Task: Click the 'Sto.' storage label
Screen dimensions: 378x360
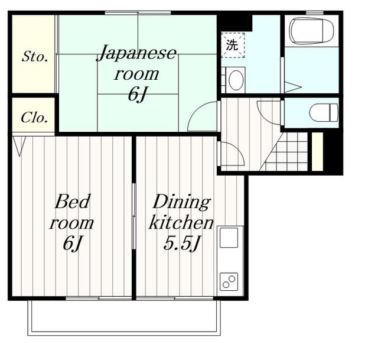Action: click(x=35, y=57)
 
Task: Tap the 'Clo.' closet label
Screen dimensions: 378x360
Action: click(x=34, y=118)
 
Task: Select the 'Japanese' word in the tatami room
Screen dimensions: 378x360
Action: click(x=136, y=53)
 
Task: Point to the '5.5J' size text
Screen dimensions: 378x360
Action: click(x=181, y=243)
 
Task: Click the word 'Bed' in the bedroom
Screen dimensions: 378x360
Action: click(x=72, y=202)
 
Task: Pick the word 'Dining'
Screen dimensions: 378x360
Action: click(x=181, y=202)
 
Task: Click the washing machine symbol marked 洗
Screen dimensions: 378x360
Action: click(x=233, y=45)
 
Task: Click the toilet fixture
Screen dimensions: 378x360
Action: click(x=324, y=112)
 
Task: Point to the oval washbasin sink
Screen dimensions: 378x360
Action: click(x=236, y=80)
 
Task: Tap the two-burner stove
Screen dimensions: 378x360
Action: click(x=229, y=281)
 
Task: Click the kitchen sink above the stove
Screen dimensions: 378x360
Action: click(x=229, y=238)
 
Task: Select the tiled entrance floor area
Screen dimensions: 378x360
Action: click(x=285, y=151)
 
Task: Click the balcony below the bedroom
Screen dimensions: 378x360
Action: click(x=124, y=318)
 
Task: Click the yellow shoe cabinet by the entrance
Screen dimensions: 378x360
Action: click(x=317, y=151)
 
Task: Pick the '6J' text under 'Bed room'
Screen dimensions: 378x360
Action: click(x=73, y=243)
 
